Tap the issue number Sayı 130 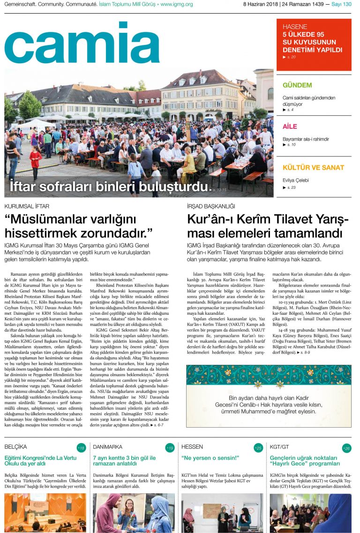pyautogui.click(x=341, y=4)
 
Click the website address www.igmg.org pyautogui.click(x=176, y=4)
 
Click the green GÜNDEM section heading pyautogui.click(x=297, y=85)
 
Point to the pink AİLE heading pyautogui.click(x=290, y=126)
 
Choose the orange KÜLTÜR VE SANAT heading pyautogui.click(x=313, y=167)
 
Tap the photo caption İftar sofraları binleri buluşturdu pyautogui.click(x=108, y=186)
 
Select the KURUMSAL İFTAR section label pyautogui.click(x=27, y=206)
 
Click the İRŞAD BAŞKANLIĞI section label pyautogui.click(x=211, y=206)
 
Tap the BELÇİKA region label pyautogui.click(x=16, y=447)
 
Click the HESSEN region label pyautogui.click(x=192, y=447)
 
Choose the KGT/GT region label pyautogui.click(x=279, y=447)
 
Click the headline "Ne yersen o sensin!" pyautogui.click(x=210, y=458)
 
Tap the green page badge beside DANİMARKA pyautogui.click(x=170, y=448)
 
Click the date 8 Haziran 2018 pyautogui.click(x=260, y=4)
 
